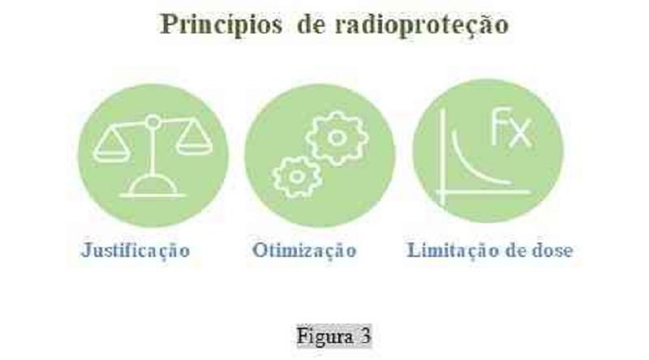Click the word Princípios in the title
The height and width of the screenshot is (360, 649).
coord(221,24)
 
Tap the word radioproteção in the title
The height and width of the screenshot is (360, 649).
coord(422,25)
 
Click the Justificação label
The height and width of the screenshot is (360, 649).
coord(135,251)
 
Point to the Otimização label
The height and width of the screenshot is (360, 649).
coord(304,251)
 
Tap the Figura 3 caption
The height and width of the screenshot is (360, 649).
coord(334,336)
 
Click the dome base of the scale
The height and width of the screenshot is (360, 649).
coord(153,186)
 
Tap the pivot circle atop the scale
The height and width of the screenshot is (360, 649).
coord(153,122)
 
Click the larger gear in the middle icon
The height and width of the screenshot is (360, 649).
coord(337,138)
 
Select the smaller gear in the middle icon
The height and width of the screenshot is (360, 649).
coord(296,177)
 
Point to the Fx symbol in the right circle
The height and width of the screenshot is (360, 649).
coord(511,127)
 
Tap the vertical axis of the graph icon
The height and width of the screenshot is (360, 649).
coord(443,157)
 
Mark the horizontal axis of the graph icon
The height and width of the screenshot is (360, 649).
coord(482,192)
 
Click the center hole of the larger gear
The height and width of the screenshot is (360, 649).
coord(337,138)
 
